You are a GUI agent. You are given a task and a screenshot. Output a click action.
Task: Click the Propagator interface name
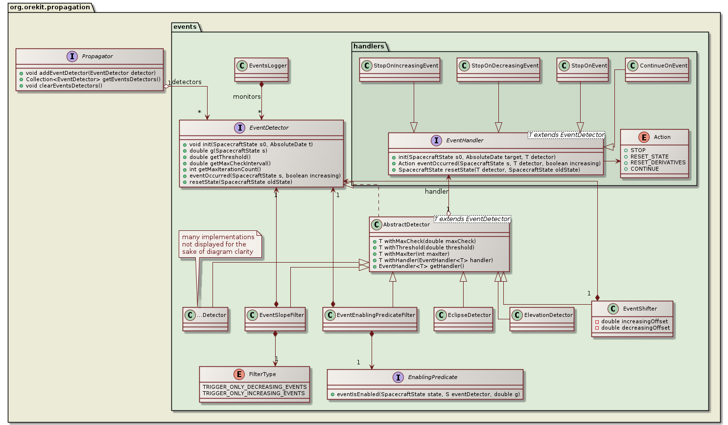click(97, 56)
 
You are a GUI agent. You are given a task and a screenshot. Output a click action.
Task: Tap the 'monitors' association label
click(247, 97)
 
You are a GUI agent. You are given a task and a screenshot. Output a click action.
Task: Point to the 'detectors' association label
click(187, 82)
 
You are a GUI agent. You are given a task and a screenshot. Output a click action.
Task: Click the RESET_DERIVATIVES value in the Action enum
click(658, 163)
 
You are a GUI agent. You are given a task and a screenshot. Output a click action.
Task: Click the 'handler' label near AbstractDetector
click(436, 192)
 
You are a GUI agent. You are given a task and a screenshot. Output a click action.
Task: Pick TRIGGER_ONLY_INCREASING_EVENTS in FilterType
click(254, 394)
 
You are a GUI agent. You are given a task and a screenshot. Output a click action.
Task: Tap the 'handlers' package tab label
click(369, 46)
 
